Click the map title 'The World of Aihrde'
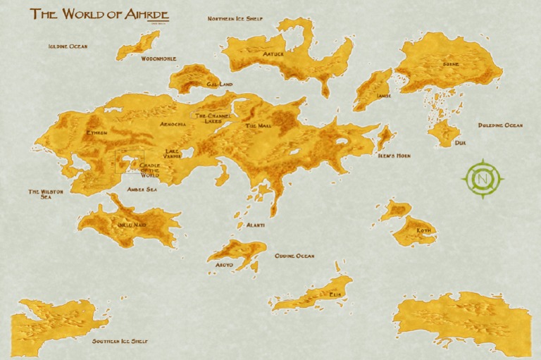[99, 14]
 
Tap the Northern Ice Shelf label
[235, 18]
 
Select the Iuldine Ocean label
[68, 46]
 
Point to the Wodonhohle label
[158, 58]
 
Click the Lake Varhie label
[173, 154]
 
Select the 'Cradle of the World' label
[150, 170]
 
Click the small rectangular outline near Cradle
[130, 161]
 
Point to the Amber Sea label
[142, 189]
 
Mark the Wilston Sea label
[46, 194]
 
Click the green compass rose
[483, 179]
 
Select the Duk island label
[460, 142]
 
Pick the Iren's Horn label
[394, 155]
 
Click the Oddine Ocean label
[294, 256]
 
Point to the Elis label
[335, 296]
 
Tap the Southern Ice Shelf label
[120, 341]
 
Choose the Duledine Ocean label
[500, 125]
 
